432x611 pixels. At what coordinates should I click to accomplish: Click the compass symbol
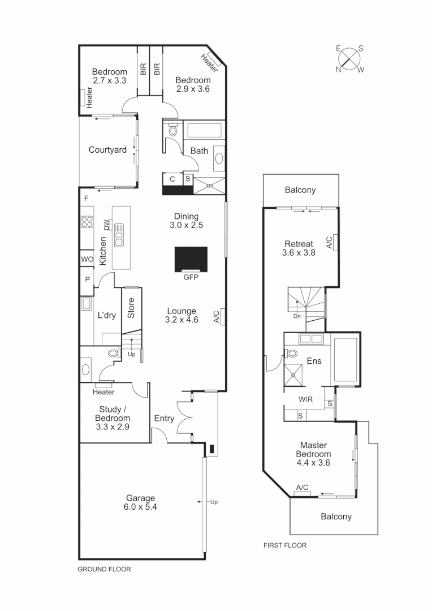[351, 59]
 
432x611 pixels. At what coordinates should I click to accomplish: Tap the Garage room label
[141, 502]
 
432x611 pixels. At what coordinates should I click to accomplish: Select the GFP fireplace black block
[191, 259]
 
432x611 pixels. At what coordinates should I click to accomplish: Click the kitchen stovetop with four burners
[87, 222]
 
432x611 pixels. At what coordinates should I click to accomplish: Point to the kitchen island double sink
[119, 235]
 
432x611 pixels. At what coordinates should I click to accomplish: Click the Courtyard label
[107, 150]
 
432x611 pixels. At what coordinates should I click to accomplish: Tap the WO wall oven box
[87, 259]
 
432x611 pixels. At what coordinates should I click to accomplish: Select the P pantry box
[87, 279]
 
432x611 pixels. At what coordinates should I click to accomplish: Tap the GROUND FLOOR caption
[104, 570]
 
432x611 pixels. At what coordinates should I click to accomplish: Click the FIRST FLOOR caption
[285, 545]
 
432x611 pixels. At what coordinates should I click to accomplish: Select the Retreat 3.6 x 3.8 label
[298, 248]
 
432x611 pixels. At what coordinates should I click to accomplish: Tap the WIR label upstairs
[306, 398]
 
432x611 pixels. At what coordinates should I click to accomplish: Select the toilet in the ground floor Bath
[173, 130]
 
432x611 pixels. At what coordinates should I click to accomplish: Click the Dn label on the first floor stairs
[297, 316]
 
